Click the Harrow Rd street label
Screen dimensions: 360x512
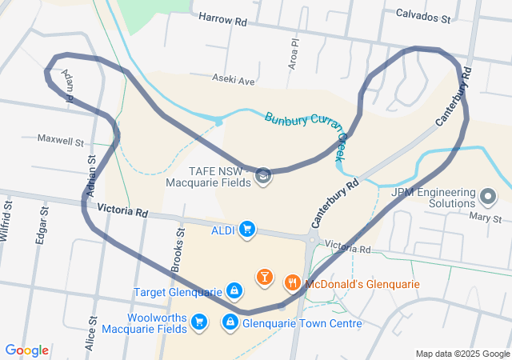[222, 18]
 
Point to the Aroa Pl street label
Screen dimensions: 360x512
[294, 55]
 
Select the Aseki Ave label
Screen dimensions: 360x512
[233, 81]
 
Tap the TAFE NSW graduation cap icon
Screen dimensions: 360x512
[263, 176]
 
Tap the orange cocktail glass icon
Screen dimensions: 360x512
[265, 278]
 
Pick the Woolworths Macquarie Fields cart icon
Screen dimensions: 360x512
[200, 322]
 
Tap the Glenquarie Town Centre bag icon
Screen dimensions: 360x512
[230, 322]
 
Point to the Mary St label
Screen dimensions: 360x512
[486, 218]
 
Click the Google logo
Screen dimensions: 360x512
[26, 350]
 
